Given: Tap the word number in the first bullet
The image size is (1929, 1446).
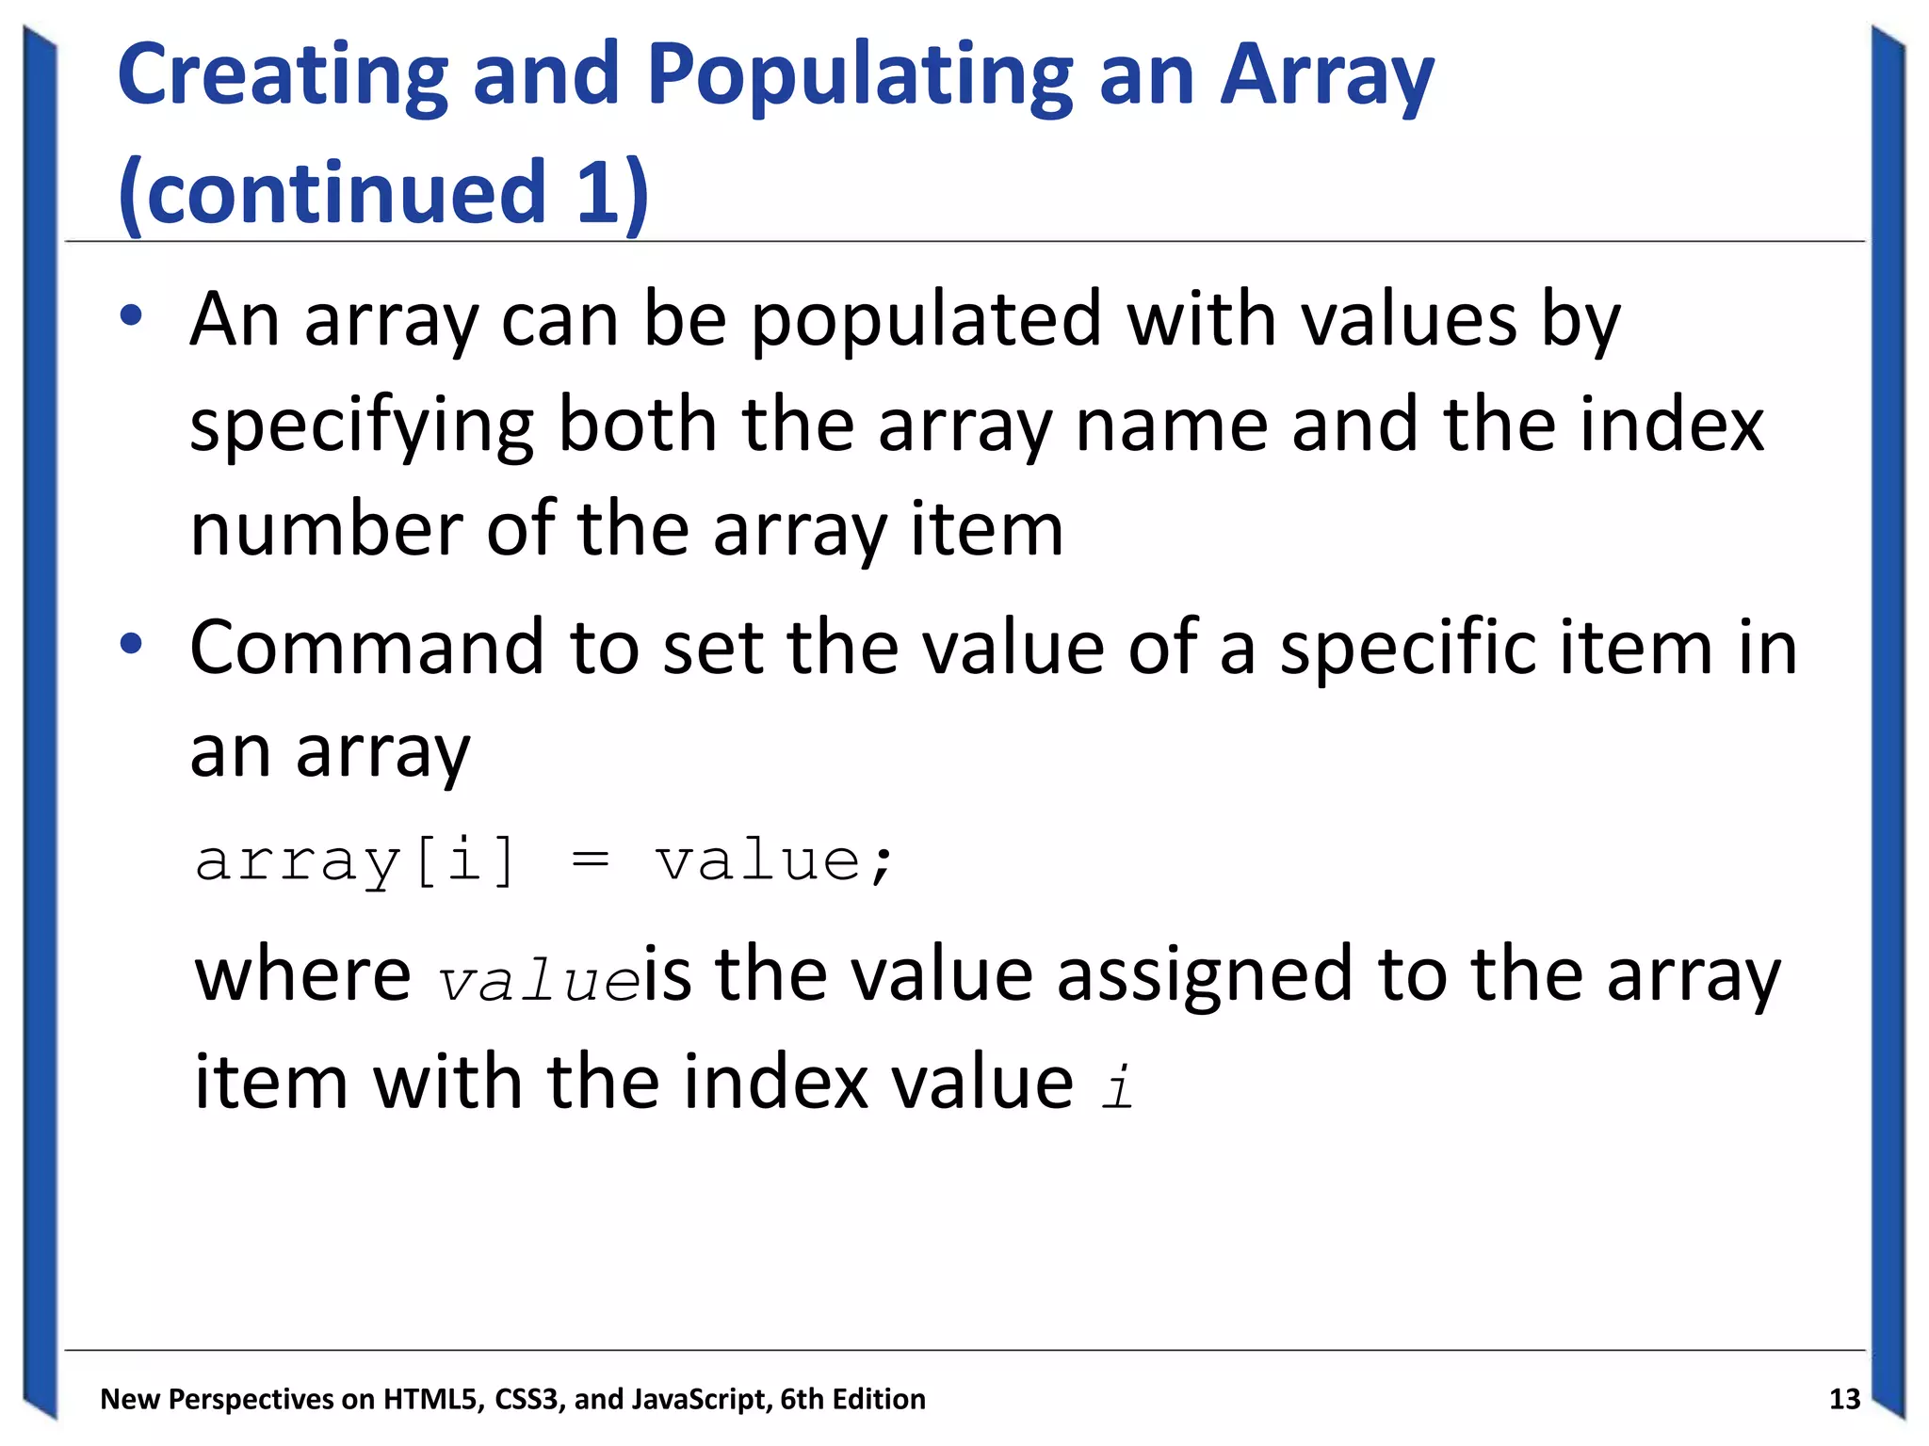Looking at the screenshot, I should [326, 529].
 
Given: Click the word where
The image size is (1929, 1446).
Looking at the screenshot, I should [302, 974].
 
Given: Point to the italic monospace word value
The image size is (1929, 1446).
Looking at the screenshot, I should [540, 982].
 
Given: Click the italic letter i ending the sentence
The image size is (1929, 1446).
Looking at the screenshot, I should [1118, 1086].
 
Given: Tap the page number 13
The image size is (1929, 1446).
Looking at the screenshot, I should [1844, 1399].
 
